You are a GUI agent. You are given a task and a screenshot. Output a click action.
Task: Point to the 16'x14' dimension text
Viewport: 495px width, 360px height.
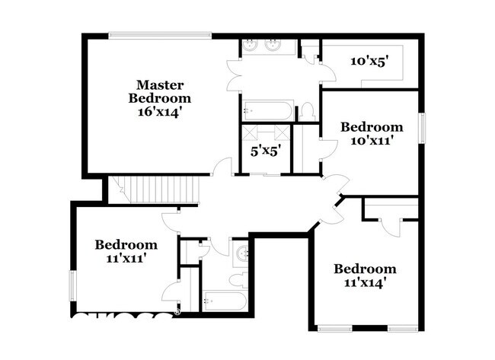coord(159,111)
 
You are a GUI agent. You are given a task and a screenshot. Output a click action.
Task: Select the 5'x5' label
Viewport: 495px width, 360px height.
coord(266,150)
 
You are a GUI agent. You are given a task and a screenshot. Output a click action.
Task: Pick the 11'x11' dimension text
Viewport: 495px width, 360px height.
coord(126,257)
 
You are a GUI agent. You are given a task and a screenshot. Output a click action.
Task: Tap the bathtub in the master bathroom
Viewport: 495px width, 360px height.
coord(267,111)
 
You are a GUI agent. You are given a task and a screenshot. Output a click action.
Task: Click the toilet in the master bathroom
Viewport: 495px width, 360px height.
coord(307,112)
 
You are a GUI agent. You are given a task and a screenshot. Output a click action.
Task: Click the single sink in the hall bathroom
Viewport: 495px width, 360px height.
coord(241,253)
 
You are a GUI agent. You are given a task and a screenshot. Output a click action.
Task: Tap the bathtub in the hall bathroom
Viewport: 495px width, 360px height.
coord(223,301)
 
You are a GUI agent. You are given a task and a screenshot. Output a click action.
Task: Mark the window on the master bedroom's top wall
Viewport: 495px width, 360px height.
coord(160,33)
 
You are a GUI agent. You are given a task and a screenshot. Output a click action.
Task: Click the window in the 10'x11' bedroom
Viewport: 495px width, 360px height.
coord(420,128)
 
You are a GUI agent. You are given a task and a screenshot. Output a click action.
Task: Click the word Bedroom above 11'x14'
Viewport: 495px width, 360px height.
coord(365,269)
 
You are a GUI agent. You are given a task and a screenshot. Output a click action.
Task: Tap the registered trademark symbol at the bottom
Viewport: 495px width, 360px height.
coord(177,311)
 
